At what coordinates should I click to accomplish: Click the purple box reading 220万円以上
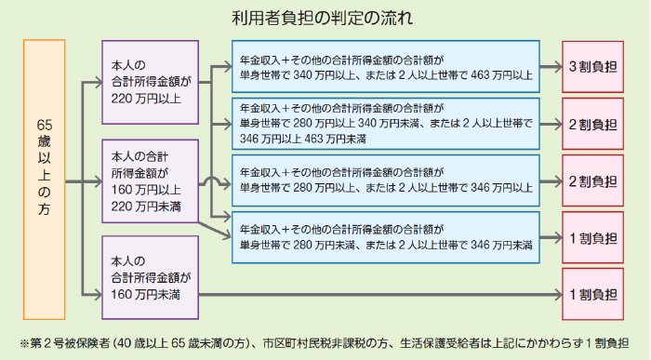tap(149, 82)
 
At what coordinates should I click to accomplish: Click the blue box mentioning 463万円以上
tap(385, 67)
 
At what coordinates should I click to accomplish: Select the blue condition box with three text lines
tap(385, 124)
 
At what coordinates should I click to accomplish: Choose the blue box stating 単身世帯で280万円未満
tap(385, 237)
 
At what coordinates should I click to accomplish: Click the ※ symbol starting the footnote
tap(12, 341)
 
